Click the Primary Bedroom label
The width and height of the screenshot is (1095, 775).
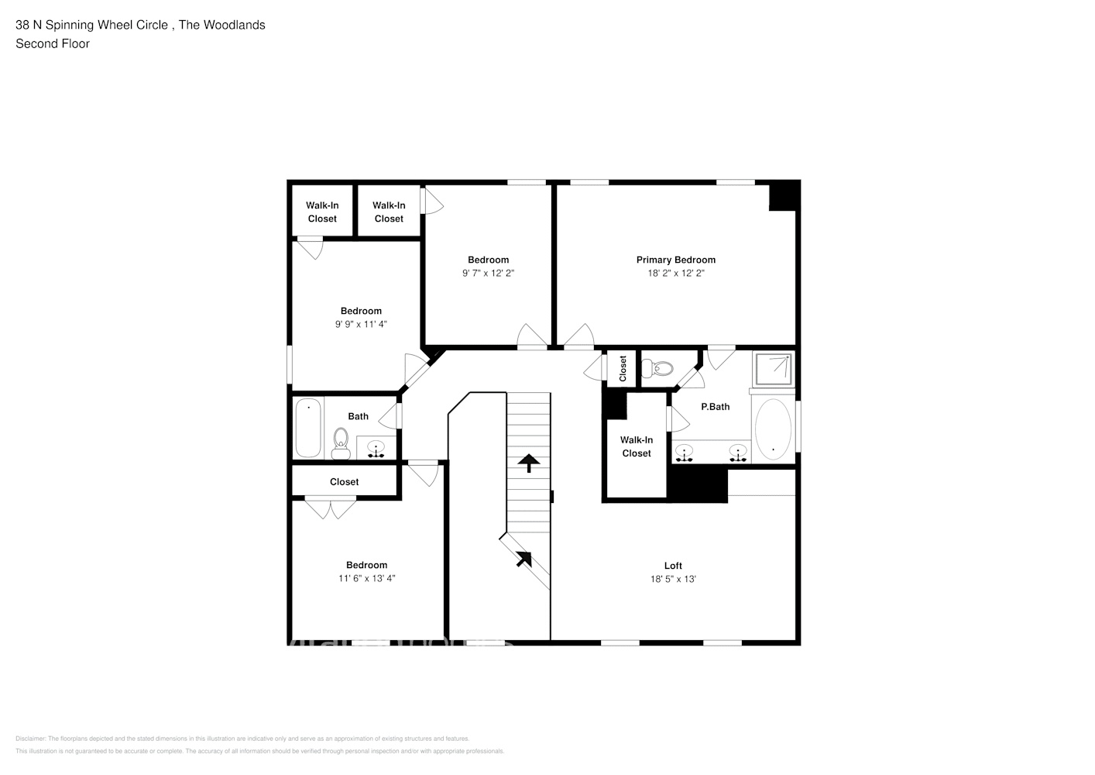pos(675,260)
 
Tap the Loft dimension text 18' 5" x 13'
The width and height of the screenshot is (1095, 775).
pos(673,579)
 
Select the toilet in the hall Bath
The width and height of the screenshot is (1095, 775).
pos(340,443)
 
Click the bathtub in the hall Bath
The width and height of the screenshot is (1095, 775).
pos(307,427)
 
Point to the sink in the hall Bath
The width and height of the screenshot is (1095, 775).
pos(376,449)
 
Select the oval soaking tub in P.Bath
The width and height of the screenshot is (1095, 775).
pos(773,429)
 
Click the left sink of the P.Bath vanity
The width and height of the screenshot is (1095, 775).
pos(684,452)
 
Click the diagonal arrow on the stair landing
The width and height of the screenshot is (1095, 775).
pos(524,557)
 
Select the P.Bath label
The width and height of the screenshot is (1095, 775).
pos(715,407)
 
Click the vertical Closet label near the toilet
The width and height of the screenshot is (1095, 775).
pos(623,369)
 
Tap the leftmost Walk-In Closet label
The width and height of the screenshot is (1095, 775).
pos(322,212)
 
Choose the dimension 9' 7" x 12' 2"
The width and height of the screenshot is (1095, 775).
pos(488,274)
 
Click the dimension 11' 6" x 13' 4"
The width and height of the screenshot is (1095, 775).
pos(366,578)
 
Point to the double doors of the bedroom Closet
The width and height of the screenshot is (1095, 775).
pos(331,508)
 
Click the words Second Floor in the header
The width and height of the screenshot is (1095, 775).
pos(53,44)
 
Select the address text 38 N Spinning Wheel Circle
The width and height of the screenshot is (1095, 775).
pos(91,25)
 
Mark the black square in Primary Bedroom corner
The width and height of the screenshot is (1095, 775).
pos(783,196)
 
